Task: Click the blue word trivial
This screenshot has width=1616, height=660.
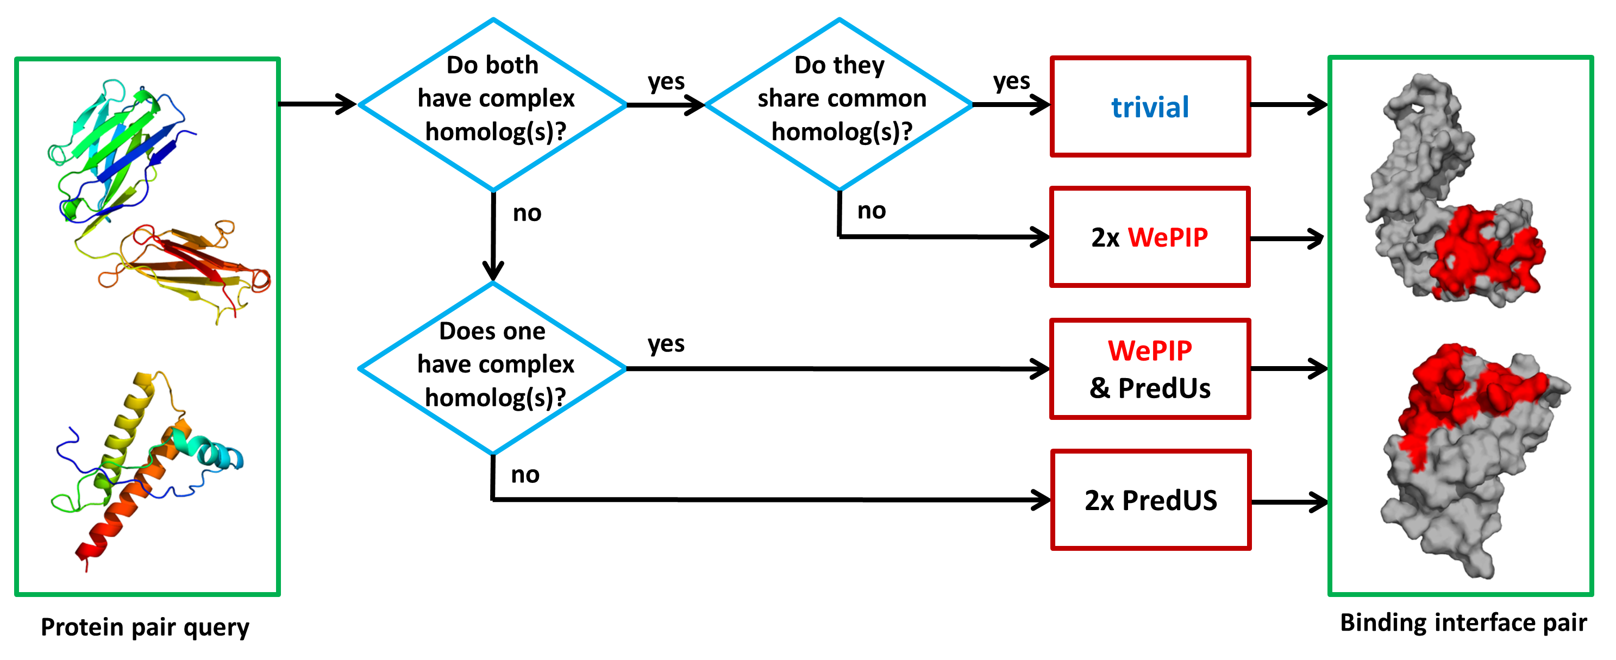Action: (1149, 107)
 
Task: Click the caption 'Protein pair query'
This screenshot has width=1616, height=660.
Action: (145, 627)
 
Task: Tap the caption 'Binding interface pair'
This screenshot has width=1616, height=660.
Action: (1463, 623)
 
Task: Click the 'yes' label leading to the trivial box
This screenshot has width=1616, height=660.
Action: (1011, 81)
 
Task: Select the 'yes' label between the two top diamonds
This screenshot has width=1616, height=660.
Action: (666, 81)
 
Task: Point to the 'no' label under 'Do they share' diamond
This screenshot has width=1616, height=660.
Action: (872, 211)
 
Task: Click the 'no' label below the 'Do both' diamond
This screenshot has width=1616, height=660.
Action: (527, 213)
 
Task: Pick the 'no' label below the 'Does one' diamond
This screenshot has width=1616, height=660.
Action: (525, 475)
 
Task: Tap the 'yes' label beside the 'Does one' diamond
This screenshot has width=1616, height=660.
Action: (666, 344)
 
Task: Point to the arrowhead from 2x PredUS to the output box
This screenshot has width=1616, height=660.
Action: (1316, 502)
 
